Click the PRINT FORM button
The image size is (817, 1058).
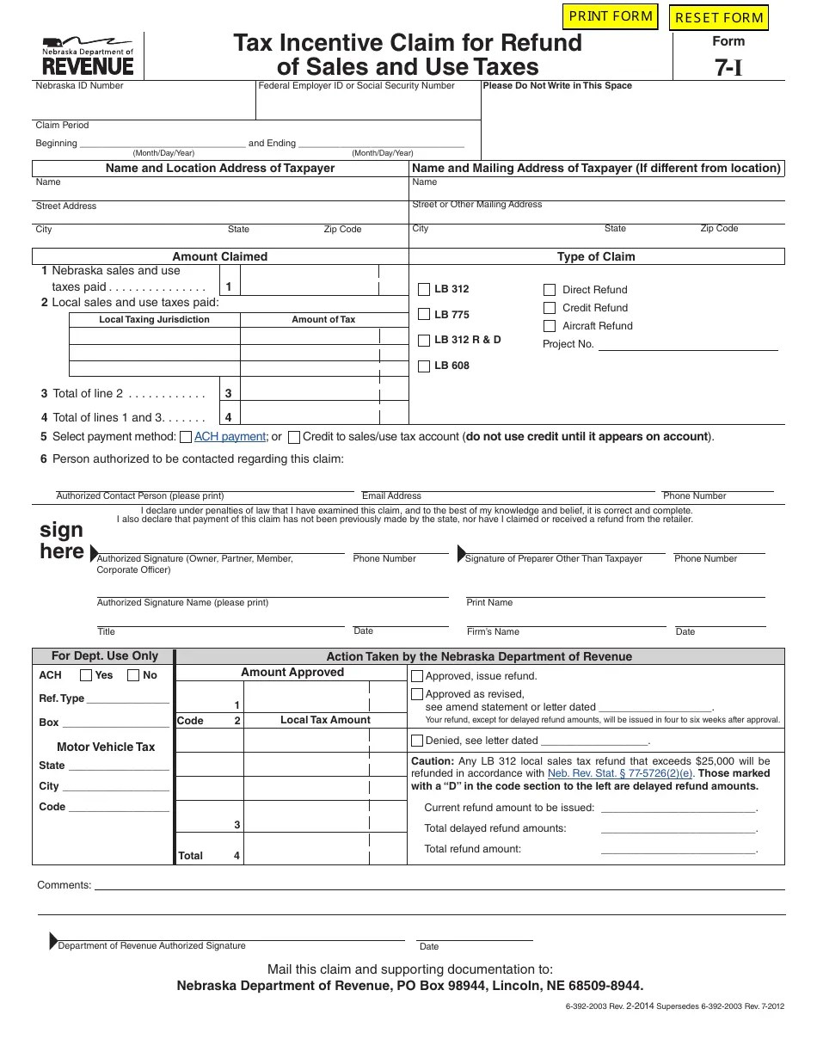point(611,16)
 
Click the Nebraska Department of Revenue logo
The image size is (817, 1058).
point(88,57)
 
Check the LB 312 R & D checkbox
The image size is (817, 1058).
point(424,341)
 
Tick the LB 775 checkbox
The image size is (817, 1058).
point(424,315)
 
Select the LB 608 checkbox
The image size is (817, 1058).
point(424,366)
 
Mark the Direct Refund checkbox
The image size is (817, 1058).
point(550,291)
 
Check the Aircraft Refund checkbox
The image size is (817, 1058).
point(550,327)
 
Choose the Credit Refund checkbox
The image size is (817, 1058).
point(550,308)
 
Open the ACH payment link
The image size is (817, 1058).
point(230,437)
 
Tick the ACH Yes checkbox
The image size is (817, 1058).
point(86,675)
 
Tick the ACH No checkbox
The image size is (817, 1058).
point(133,675)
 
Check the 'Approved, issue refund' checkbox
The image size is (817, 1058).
point(417,676)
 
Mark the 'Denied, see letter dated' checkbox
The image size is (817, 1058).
point(417,741)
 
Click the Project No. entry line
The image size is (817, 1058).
point(687,345)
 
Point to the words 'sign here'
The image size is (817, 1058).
point(62,541)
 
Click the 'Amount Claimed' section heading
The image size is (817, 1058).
point(220,256)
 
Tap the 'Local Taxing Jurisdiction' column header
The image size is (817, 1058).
point(154,320)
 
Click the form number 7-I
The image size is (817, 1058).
point(728,69)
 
